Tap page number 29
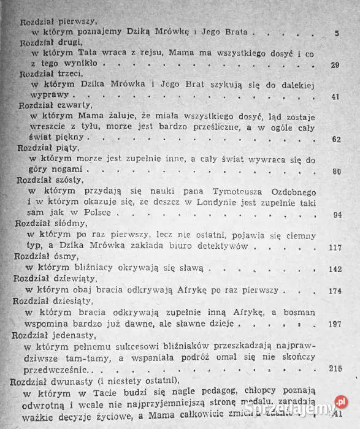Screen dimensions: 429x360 pyautogui.click(x=335, y=65)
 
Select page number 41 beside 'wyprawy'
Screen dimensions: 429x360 pyautogui.click(x=335, y=96)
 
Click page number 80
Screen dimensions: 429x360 pyautogui.click(x=335, y=171)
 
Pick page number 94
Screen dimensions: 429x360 pyautogui.click(x=336, y=214)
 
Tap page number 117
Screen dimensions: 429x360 pyautogui.click(x=335, y=247)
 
